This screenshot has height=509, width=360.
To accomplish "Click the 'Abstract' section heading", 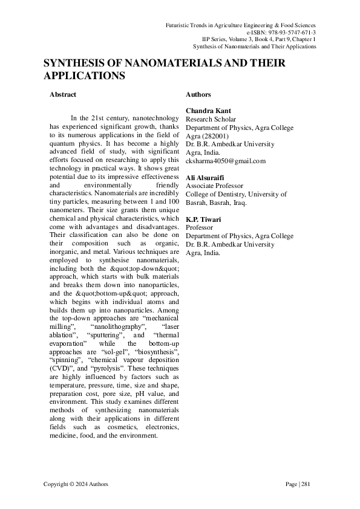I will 62,95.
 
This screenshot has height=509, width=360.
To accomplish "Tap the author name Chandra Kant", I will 205,111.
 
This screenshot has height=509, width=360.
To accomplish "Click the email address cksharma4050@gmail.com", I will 225,161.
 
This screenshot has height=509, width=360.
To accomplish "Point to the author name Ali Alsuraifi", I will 203,177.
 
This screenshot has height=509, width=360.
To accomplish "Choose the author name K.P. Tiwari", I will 203,219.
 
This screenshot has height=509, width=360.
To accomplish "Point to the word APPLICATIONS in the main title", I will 84,76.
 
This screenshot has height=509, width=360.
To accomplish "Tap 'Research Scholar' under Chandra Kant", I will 211,119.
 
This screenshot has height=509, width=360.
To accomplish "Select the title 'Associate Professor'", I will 214,186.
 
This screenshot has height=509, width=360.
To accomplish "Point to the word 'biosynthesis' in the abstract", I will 145,351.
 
